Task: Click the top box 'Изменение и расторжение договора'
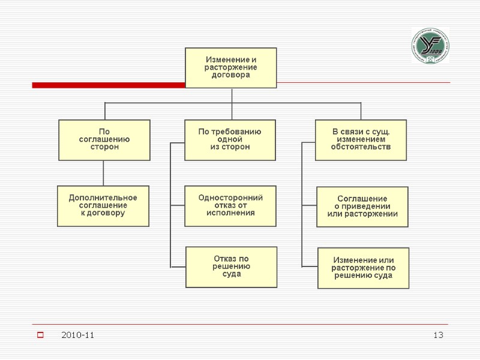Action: pyautogui.click(x=231, y=68)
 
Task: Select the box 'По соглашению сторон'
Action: pyautogui.click(x=104, y=140)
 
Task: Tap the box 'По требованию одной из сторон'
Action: pyautogui.click(x=230, y=140)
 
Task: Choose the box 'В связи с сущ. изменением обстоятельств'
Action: pyautogui.click(x=361, y=140)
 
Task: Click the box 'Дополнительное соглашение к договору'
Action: pyautogui.click(x=103, y=206)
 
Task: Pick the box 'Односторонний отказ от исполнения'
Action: pyautogui.click(x=230, y=206)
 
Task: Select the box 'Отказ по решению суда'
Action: pyautogui.click(x=231, y=266)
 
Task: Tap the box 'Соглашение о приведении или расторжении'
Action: pyautogui.click(x=362, y=206)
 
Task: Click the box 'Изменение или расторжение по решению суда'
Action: pyautogui.click(x=363, y=268)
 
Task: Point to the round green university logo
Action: pyautogui.click(x=430, y=46)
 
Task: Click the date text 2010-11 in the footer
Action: pyautogui.click(x=77, y=335)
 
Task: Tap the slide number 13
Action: pyautogui.click(x=439, y=335)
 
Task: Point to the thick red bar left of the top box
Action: pyautogui.click(x=108, y=85)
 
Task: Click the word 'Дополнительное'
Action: pyautogui.click(x=103, y=198)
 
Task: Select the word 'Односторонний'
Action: pyautogui.click(x=230, y=197)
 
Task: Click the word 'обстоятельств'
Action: pyautogui.click(x=361, y=147)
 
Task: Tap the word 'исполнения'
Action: pyautogui.click(x=230, y=213)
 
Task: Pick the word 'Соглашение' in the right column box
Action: pyautogui.click(x=362, y=199)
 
